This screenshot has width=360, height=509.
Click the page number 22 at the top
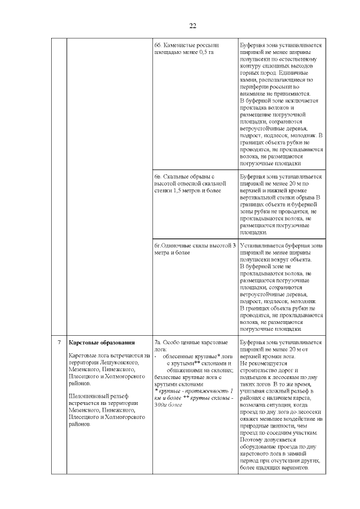pos(192,26)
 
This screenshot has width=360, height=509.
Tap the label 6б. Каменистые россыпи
pos(186,44)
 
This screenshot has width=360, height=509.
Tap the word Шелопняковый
pos(87,396)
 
